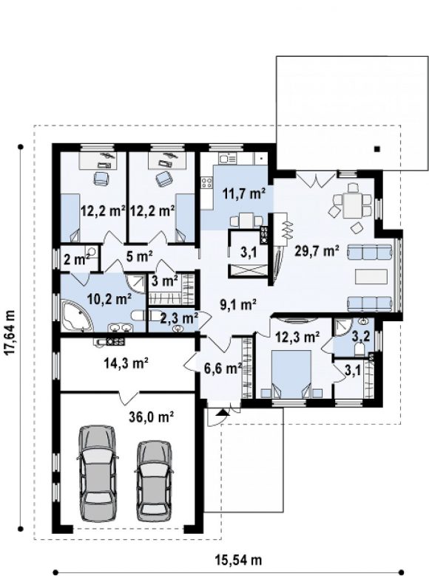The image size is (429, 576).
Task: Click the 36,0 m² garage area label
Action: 151,416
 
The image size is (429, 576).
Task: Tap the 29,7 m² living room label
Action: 317,251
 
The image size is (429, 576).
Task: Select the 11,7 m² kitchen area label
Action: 244,193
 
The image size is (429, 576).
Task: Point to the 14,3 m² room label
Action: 126,363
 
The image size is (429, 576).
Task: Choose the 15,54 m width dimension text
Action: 238,560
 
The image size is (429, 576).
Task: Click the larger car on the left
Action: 98,473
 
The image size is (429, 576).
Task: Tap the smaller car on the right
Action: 155,481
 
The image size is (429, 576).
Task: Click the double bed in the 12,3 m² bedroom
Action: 291,373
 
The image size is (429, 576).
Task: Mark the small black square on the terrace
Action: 376,148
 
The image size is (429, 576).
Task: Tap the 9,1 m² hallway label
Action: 237,304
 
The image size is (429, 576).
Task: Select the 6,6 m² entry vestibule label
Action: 223,368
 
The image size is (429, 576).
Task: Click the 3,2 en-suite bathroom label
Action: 362,337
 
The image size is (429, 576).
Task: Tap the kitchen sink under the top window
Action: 228,159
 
